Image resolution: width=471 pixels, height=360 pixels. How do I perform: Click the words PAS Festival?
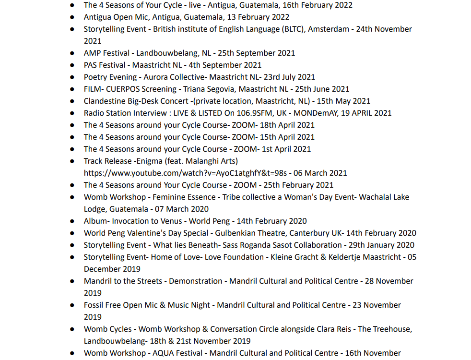click(x=105, y=65)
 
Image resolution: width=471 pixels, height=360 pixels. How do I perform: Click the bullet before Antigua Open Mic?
click(x=72, y=17)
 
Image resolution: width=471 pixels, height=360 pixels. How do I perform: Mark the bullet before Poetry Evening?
click(x=72, y=77)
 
